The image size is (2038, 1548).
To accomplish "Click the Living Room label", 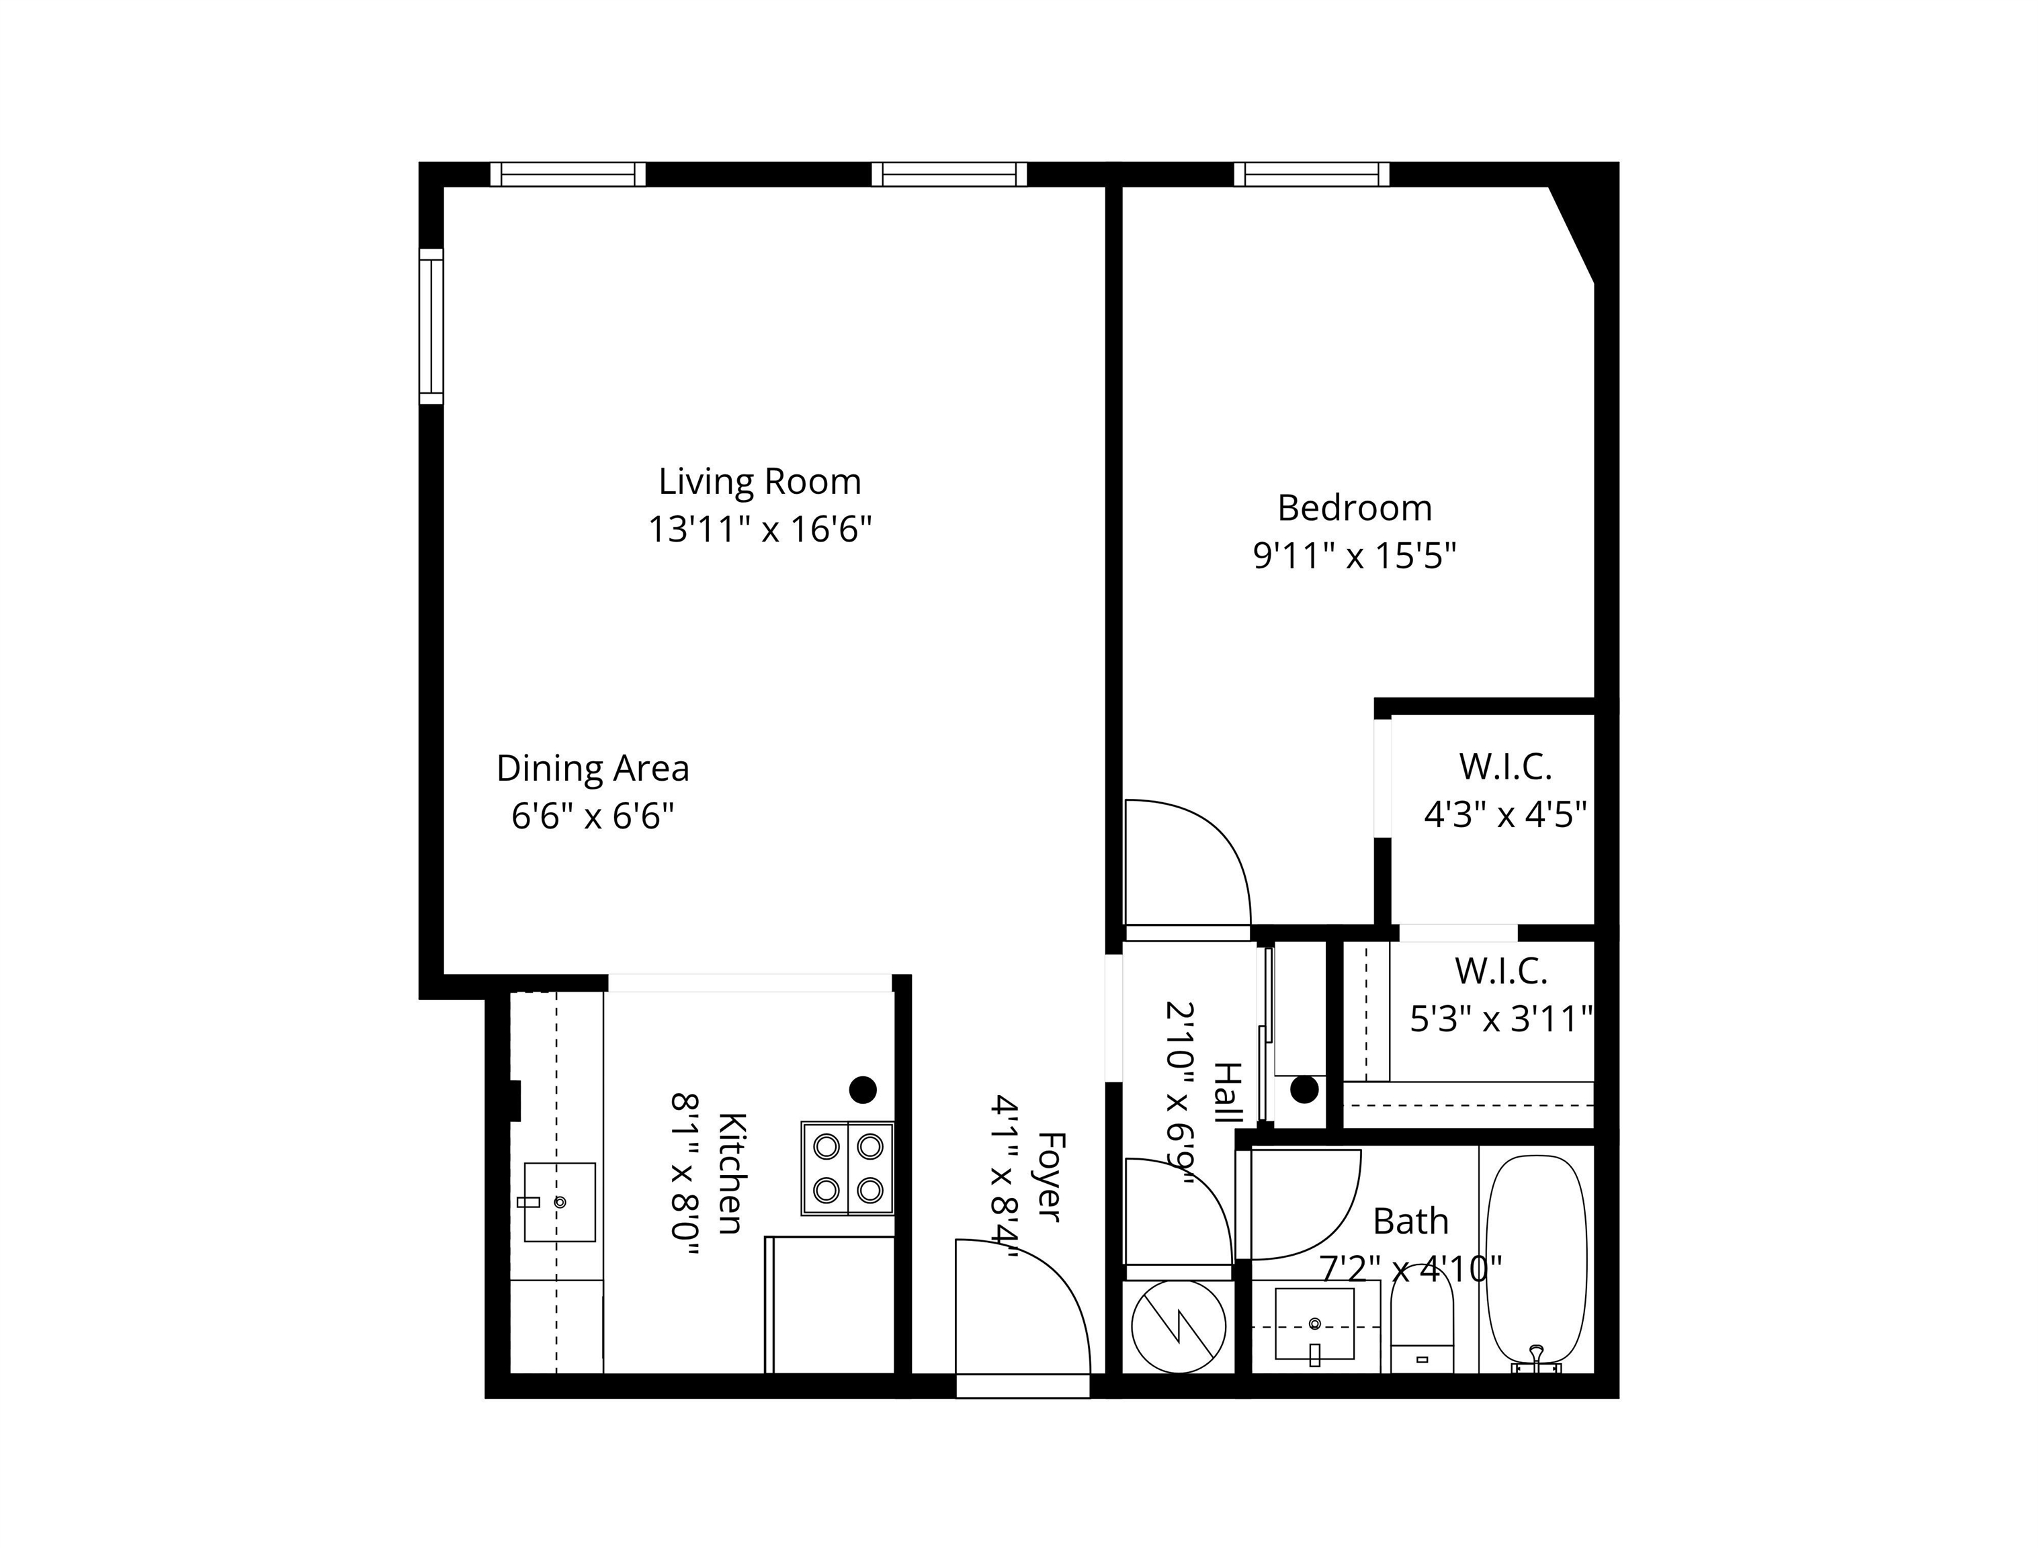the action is (x=759, y=482).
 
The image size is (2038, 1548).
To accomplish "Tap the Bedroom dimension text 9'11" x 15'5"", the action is (x=1355, y=556).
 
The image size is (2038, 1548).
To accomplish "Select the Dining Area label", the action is (x=593, y=769).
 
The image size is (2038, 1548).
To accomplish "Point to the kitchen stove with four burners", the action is (x=847, y=1168).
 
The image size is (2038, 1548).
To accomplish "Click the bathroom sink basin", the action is (x=1315, y=1324).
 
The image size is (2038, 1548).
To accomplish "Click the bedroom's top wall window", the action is (x=1311, y=174).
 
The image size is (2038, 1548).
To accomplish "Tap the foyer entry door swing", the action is (x=1023, y=1307).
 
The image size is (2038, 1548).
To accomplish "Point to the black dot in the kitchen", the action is (x=862, y=1090).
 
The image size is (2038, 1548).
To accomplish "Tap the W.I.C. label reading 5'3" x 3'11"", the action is (x=1502, y=995).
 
